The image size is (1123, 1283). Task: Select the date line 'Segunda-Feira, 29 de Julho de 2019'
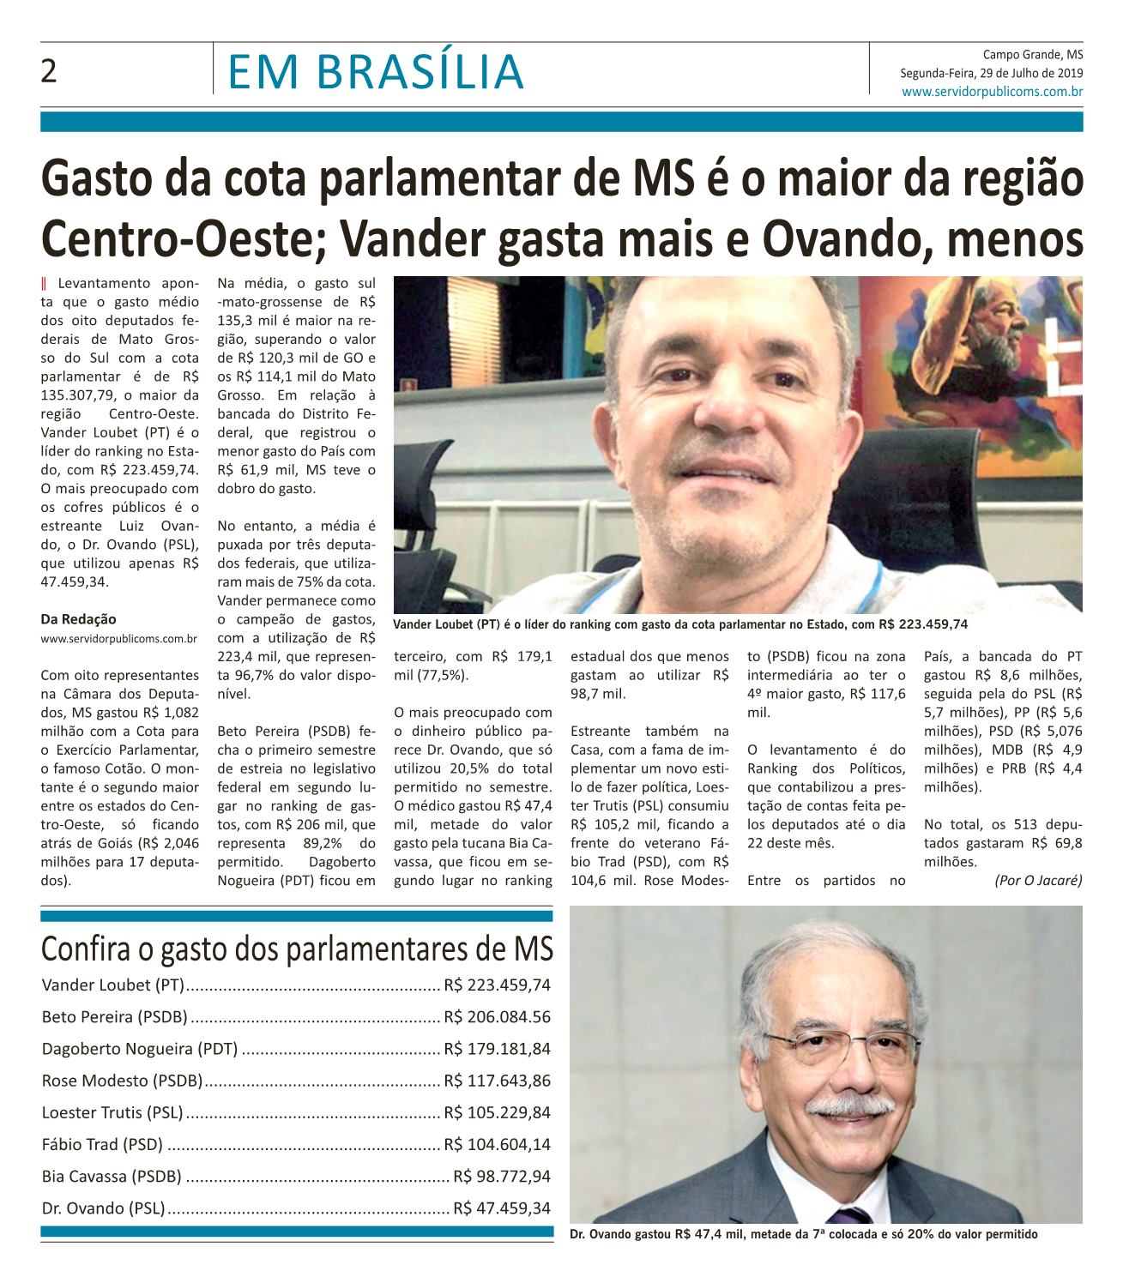coord(991,73)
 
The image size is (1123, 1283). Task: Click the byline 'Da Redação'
coord(78,619)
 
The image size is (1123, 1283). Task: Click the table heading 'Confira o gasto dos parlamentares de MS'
coord(297,949)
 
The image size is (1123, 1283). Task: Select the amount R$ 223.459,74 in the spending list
coord(497,985)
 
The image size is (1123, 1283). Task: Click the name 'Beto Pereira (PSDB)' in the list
coord(114,1017)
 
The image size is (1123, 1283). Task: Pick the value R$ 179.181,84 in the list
coord(497,1049)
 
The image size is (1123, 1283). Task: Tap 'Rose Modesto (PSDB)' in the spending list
coord(122,1081)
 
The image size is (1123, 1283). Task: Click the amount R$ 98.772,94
coord(502,1177)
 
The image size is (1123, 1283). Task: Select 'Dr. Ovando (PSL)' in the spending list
coord(103,1208)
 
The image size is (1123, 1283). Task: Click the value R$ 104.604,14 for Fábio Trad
coord(497,1145)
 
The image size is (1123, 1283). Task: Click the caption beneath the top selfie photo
coord(680,624)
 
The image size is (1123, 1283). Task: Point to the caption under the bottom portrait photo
coord(804,1235)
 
